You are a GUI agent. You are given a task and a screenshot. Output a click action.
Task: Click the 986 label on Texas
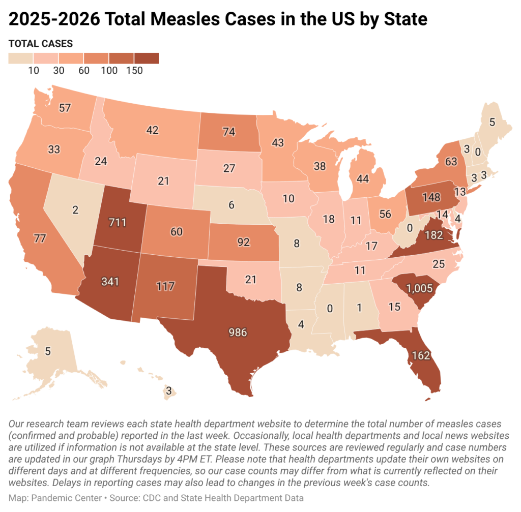pyautogui.click(x=238, y=333)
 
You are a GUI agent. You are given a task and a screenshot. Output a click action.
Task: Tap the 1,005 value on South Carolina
pyautogui.click(x=420, y=288)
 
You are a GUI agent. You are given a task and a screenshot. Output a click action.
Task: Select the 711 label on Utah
pyautogui.click(x=118, y=222)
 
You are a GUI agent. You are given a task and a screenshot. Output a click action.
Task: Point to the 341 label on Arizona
pyautogui.click(x=110, y=282)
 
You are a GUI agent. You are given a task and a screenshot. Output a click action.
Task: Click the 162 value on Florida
pyautogui.click(x=421, y=355)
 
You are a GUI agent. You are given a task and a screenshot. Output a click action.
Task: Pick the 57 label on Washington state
pyautogui.click(x=65, y=108)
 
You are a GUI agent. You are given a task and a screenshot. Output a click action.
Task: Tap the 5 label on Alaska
pyautogui.click(x=48, y=351)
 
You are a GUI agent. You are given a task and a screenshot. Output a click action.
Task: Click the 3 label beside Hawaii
pyautogui.click(x=169, y=391)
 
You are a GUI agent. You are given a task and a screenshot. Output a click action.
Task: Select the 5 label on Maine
pyautogui.click(x=492, y=122)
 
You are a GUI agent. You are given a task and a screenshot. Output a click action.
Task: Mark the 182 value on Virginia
pyautogui.click(x=434, y=235)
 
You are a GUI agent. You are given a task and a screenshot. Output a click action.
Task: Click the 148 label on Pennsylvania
pyautogui.click(x=431, y=197)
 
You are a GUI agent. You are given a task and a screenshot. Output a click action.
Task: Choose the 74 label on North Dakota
pyautogui.click(x=229, y=132)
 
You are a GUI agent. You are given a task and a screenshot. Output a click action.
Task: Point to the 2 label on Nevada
pyautogui.click(x=75, y=210)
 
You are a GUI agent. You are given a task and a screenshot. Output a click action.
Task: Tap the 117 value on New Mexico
pyautogui.click(x=165, y=286)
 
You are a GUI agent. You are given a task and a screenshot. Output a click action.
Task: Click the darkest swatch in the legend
pyautogui.click(x=147, y=58)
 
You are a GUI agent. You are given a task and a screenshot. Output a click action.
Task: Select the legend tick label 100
pyautogui.click(x=109, y=70)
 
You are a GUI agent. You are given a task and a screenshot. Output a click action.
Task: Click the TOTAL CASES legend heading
pyautogui.click(x=41, y=44)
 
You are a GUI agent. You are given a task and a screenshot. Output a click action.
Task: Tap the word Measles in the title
pyautogui.click(x=188, y=19)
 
